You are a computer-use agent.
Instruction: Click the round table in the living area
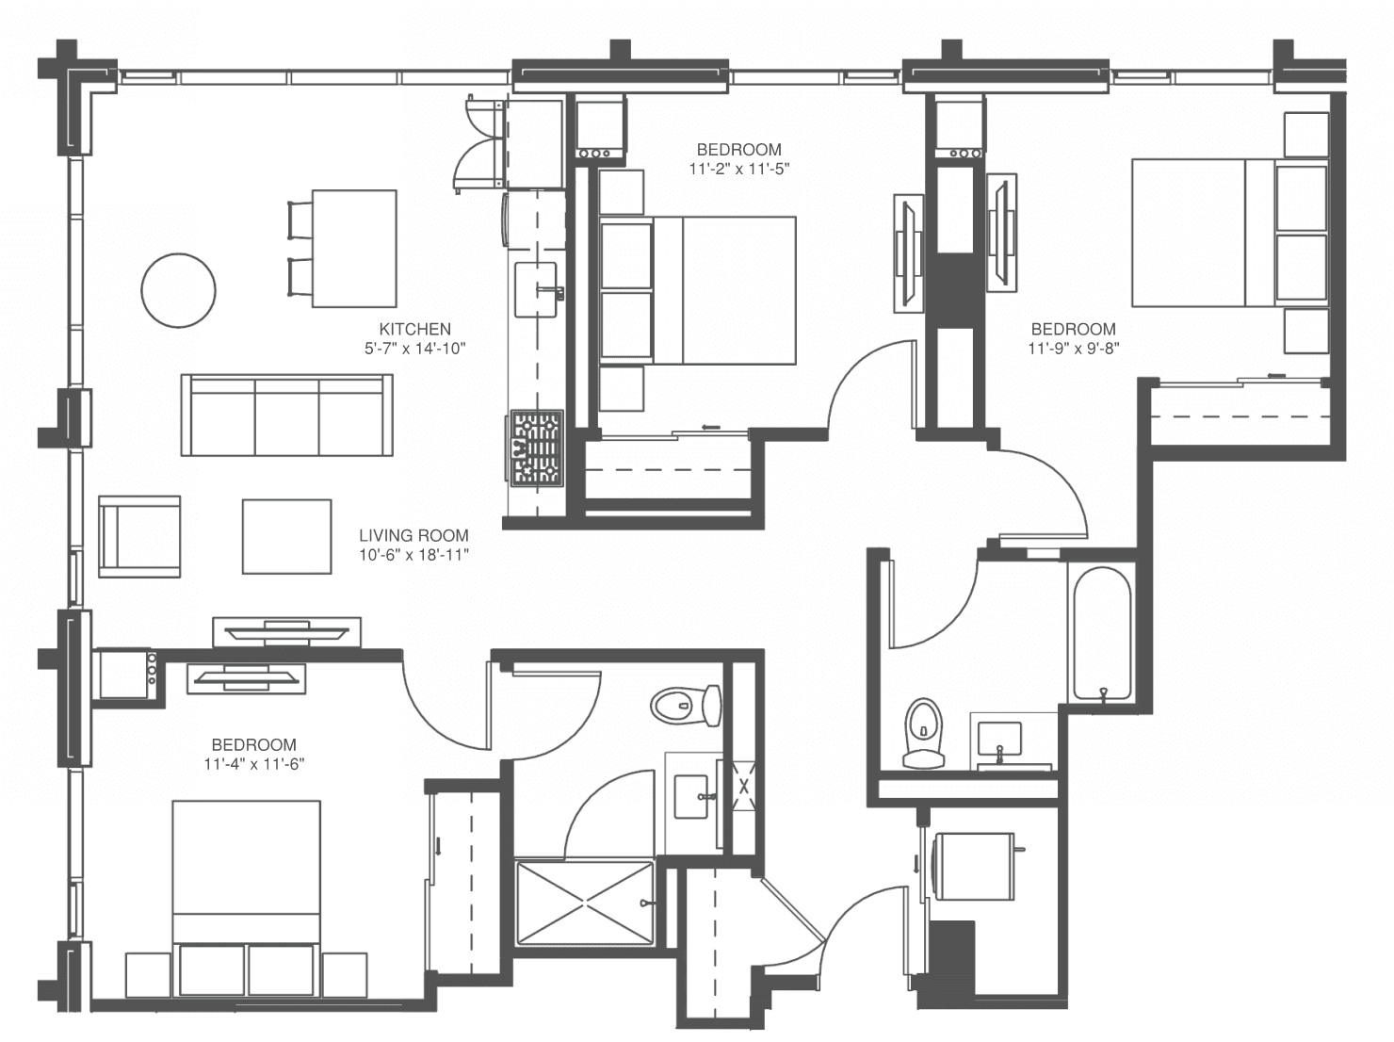pos(178,290)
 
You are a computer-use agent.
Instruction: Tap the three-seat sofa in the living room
pos(287,415)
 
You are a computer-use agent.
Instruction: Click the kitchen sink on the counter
pos(538,289)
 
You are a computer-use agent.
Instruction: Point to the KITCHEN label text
pos(415,329)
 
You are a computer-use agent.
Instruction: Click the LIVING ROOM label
pos(414,535)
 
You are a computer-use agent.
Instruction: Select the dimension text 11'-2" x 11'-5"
pos(739,169)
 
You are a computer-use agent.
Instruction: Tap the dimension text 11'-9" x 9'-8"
pos(1073,348)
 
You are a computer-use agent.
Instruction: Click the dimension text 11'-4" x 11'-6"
pos(254,763)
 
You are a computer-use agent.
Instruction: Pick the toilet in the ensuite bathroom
pos(686,706)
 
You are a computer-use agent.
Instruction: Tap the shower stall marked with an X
pos(584,903)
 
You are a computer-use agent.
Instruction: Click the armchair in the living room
pos(139,537)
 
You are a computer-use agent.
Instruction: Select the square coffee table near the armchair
pos(287,537)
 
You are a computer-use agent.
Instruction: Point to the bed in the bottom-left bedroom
pos(247,871)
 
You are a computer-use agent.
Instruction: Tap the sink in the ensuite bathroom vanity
pos(691,796)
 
